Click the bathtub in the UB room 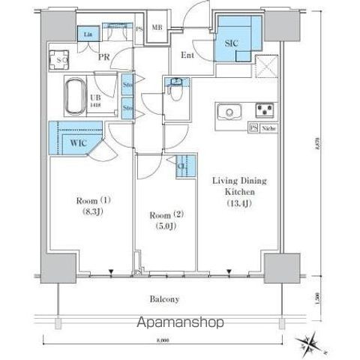pyautogui.click(x=74, y=95)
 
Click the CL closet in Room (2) pyautogui.click(x=181, y=166)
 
